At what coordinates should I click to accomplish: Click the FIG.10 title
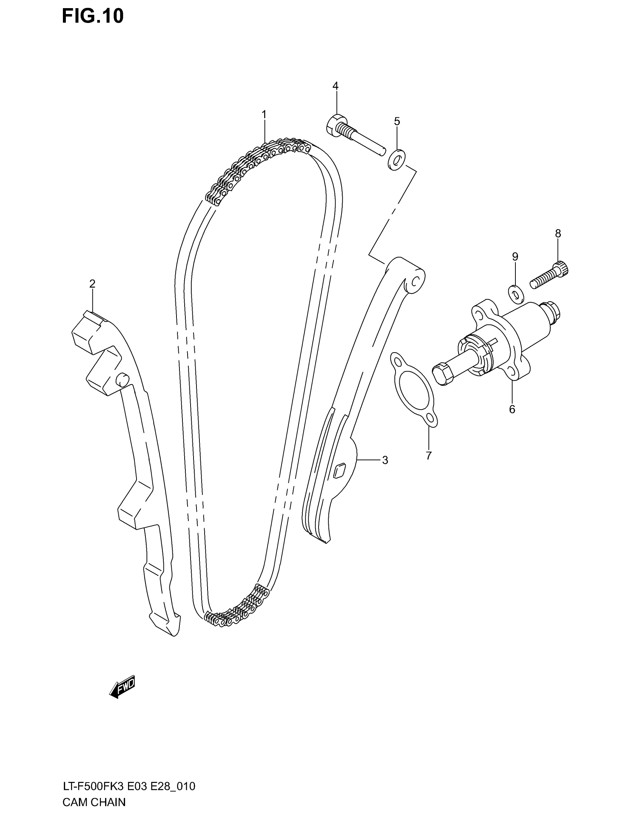click(92, 16)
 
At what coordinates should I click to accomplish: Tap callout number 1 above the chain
click(264, 114)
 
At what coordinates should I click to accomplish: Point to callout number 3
click(385, 460)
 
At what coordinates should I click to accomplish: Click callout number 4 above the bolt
click(335, 86)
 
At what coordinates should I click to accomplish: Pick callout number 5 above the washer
click(397, 121)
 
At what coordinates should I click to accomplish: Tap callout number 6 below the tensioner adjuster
click(512, 409)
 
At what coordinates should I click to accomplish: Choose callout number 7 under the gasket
click(428, 455)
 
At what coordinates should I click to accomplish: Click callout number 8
click(558, 234)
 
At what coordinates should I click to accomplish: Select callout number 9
click(515, 256)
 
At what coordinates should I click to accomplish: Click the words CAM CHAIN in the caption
click(94, 802)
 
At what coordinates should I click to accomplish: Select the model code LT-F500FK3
click(93, 786)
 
